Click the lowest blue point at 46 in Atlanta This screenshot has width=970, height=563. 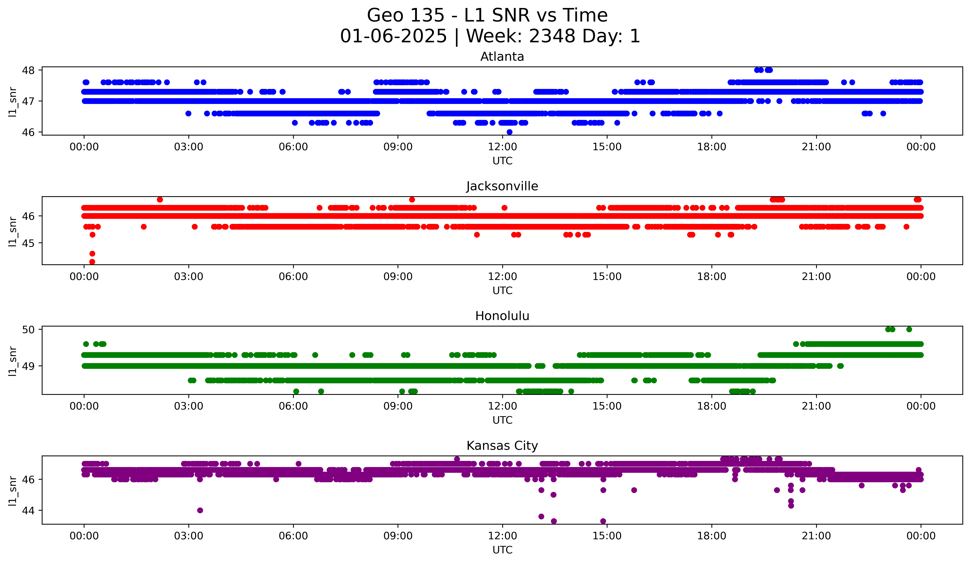tap(509, 132)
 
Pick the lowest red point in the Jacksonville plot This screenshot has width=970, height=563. tap(92, 262)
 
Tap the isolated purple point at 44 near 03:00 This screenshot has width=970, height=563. tap(200, 510)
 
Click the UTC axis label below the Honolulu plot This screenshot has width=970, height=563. tap(502, 420)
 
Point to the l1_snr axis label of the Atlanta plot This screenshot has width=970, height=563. tap(13, 102)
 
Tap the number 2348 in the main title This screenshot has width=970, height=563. tap(552, 36)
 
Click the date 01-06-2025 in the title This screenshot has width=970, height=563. tap(393, 36)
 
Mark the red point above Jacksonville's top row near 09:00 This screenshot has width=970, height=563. tap(412, 199)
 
